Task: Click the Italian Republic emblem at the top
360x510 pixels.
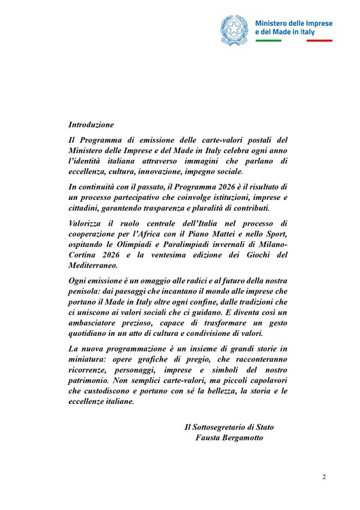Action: click(235, 29)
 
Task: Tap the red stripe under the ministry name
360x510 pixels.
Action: click(319, 41)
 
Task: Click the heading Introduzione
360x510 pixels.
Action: click(91, 125)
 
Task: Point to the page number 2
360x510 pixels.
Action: click(324, 477)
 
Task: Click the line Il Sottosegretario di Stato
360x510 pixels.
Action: click(229, 427)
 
